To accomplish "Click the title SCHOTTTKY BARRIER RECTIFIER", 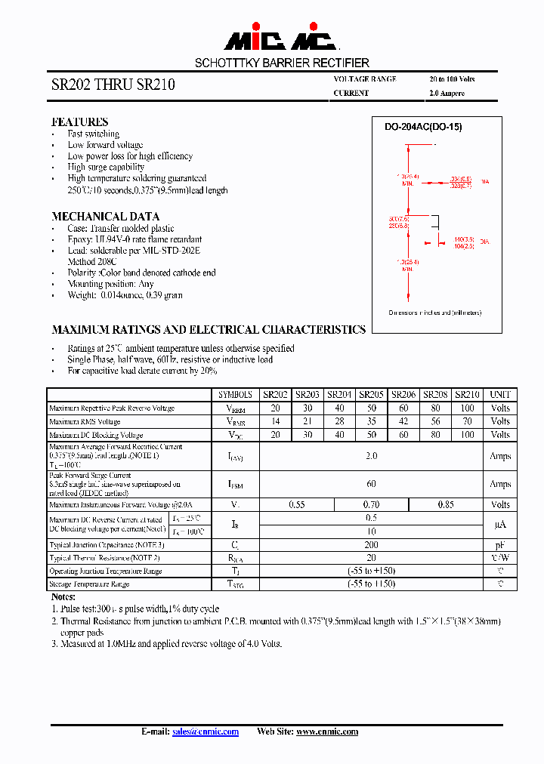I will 282,63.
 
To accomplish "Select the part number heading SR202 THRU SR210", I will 113,85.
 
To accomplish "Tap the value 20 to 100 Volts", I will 452,79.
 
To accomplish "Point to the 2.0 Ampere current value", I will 447,94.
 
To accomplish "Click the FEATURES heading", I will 79,122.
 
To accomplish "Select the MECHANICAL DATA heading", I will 105,217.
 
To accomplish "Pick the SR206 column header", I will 403,394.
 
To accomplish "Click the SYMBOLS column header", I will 235,394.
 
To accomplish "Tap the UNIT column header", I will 500,394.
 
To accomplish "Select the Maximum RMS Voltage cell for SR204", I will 339,421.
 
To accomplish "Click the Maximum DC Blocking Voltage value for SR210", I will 468,435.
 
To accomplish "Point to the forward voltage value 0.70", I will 371,504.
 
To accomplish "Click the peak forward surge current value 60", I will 371,483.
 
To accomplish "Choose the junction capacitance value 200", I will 371,544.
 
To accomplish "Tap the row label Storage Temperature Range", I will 89,584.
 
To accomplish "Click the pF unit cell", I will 500,544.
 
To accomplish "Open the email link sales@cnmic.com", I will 206,732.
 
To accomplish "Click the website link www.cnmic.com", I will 326,732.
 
